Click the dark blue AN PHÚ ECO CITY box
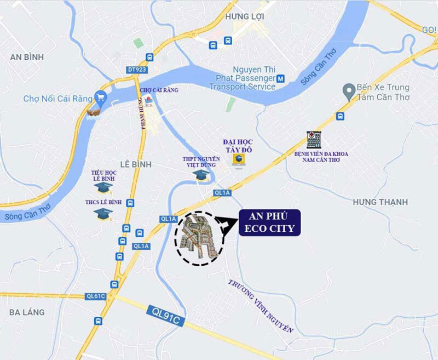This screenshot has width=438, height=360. pos(270,222)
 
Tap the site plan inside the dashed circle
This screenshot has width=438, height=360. pos(199,237)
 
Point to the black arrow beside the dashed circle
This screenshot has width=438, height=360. pos(224,225)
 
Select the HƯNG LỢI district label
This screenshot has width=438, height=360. pos(241,18)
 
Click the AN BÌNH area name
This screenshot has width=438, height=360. pos(26,57)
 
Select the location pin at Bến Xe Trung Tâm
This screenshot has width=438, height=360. pos(346,89)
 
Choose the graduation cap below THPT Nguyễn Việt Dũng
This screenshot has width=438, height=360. pos(201,175)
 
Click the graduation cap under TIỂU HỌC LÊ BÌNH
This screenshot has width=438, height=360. pos(103,187)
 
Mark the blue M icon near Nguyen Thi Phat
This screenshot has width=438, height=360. pos(280,78)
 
